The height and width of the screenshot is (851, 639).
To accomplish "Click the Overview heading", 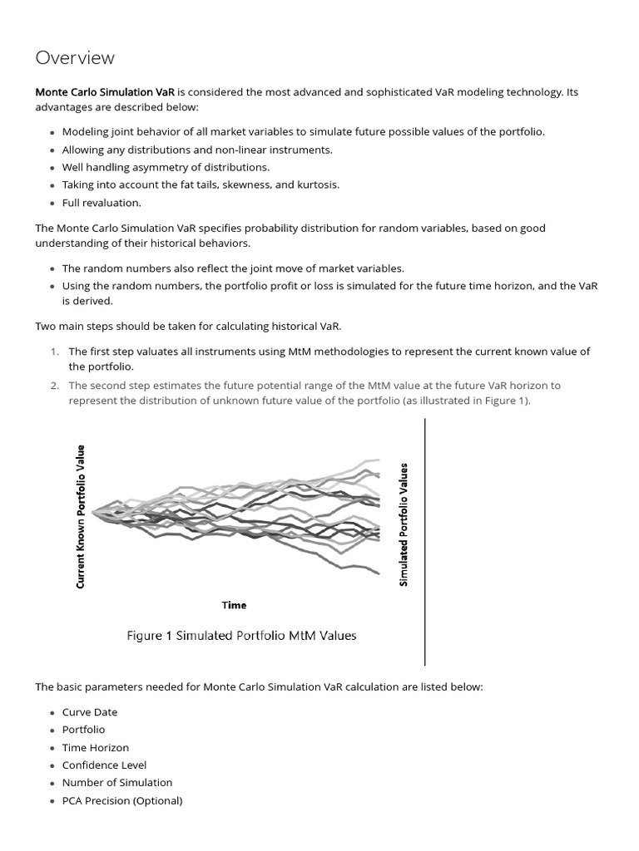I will click(x=75, y=58).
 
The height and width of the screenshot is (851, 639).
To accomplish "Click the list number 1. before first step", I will click(x=54, y=352).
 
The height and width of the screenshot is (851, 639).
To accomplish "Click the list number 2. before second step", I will click(x=54, y=386).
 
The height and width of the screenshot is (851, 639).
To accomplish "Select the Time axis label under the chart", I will click(x=234, y=605).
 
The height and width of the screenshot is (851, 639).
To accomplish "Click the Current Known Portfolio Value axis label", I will click(x=81, y=516).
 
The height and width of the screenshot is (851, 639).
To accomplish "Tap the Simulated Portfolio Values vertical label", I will click(x=404, y=524).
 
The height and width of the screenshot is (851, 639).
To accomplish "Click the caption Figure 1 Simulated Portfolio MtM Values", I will click(x=241, y=636).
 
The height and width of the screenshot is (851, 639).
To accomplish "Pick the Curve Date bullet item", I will click(x=89, y=712).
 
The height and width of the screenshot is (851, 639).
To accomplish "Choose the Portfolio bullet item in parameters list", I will click(x=83, y=730).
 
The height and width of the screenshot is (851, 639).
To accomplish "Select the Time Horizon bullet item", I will click(x=95, y=748).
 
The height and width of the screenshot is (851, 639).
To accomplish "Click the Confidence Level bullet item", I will click(x=104, y=765).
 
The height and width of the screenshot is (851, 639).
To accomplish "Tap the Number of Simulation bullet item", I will click(x=116, y=783).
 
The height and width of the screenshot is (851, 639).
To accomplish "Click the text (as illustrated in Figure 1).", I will click(x=462, y=401).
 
